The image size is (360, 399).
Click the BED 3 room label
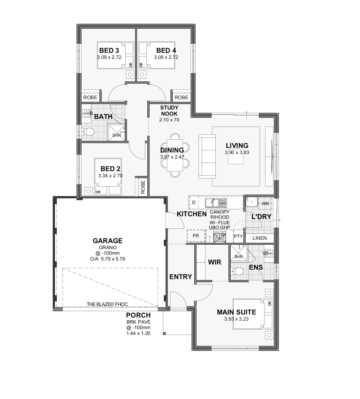pos(109,50)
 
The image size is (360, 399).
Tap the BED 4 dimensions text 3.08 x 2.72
pos(166,57)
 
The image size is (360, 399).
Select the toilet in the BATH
pos(88,131)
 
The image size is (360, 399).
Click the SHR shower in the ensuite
pos(239,253)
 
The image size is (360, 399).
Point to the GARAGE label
pos(107,241)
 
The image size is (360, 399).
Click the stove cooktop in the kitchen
pos(219,236)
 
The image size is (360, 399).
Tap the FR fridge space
pos(196,236)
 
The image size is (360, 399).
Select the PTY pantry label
pos(238,236)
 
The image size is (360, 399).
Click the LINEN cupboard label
pos(260,238)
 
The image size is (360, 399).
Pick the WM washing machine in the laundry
pos(265,203)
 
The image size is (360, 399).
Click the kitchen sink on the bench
pos(216,203)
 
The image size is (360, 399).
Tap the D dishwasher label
pos(194,203)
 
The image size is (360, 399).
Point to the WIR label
pos(214,262)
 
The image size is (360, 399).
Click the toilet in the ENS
pos(237,271)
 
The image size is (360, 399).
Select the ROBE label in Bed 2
pos(143,187)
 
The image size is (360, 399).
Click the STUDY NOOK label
pos(169,111)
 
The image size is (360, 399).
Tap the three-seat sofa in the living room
pos(207,156)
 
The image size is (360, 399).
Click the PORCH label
pos(138,315)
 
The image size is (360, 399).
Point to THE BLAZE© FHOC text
pos(107,304)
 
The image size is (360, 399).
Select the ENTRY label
pos(181,277)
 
